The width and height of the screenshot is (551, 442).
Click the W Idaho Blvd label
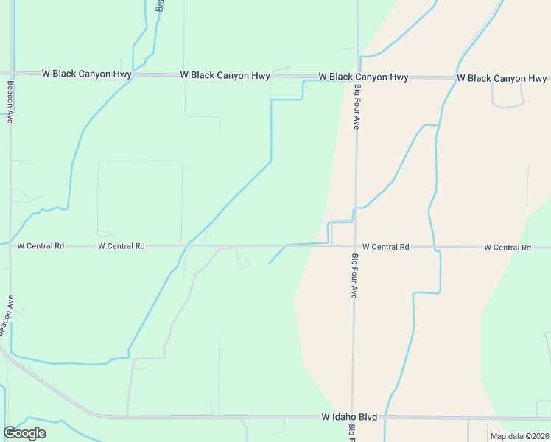click(x=349, y=417)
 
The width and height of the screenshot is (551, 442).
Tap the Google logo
click(x=24, y=433)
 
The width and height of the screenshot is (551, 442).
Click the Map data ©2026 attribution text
click(x=519, y=436)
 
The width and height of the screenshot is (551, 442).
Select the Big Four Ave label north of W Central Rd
click(x=357, y=108)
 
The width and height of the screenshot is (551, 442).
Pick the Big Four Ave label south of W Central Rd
click(x=354, y=276)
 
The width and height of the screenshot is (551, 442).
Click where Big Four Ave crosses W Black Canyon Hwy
click(x=357, y=77)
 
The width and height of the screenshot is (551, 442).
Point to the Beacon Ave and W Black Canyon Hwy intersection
click(x=11, y=74)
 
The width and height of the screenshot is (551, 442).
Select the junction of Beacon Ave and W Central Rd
click(x=10, y=245)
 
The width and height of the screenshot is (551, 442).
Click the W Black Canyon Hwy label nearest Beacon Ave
click(x=87, y=74)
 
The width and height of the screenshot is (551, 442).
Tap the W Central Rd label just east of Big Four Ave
click(x=385, y=247)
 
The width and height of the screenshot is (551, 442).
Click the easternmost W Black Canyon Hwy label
click(x=502, y=78)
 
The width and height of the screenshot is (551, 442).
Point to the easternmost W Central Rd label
click(x=508, y=248)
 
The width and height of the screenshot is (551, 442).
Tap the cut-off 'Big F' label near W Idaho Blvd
click(x=354, y=432)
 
